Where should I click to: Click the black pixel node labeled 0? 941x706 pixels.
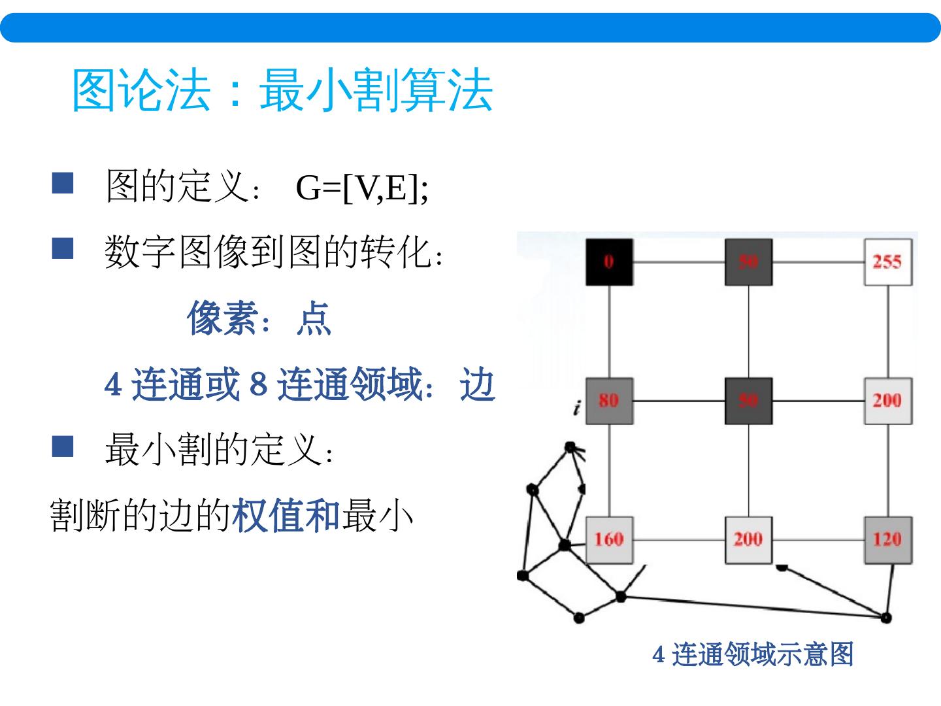coord(609,262)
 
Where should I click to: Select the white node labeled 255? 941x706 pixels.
coord(887,262)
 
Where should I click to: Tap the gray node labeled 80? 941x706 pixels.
coord(609,401)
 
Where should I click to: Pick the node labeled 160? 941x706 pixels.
coord(609,539)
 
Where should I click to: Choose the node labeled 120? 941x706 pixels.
coord(887,539)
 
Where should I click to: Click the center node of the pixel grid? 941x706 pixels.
coord(748,401)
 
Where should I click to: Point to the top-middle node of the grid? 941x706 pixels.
coord(748,262)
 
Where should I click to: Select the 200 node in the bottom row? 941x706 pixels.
coord(748,539)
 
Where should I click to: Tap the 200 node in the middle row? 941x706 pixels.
coord(887,401)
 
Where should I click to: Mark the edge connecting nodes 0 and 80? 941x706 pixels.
coord(609,331)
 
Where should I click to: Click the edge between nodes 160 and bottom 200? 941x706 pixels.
coord(679,540)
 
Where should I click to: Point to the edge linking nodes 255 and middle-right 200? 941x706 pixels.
coord(888,331)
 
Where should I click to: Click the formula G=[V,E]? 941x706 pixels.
coord(362,188)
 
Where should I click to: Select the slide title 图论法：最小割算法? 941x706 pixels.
coord(282,90)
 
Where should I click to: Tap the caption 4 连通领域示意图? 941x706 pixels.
coord(753,654)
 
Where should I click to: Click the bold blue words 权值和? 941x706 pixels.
coord(286,516)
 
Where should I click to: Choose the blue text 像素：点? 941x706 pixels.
coord(259,319)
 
